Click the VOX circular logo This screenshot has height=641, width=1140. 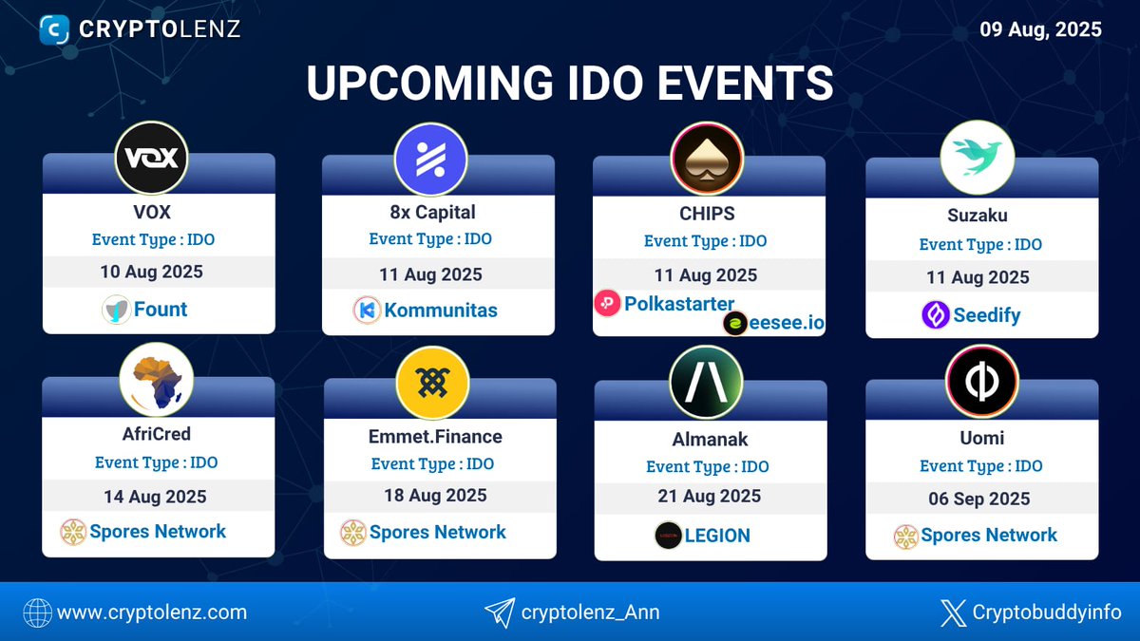[x=152, y=157]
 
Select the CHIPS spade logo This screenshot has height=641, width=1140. [x=707, y=159]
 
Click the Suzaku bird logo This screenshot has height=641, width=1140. [x=978, y=158]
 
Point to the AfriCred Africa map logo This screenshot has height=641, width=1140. [x=157, y=379]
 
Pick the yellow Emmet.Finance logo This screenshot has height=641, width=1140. [x=433, y=382]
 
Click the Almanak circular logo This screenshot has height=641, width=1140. [x=707, y=382]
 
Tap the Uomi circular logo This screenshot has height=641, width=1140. [x=982, y=381]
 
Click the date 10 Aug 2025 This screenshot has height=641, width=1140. [x=152, y=272]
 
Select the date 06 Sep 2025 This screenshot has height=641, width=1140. [x=979, y=499]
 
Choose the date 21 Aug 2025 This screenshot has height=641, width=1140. [x=709, y=496]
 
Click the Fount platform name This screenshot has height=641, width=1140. [x=161, y=310]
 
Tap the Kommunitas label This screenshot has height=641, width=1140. [x=441, y=311]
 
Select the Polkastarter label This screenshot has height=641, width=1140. [x=678, y=304]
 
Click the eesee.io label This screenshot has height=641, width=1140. [x=787, y=323]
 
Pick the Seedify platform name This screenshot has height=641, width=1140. [x=986, y=315]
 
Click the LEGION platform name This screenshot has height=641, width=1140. [x=717, y=536]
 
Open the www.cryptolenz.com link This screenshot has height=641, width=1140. [x=152, y=613]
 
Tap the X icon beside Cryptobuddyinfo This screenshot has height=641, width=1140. [x=953, y=613]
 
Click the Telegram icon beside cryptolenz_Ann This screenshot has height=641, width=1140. [x=499, y=613]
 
